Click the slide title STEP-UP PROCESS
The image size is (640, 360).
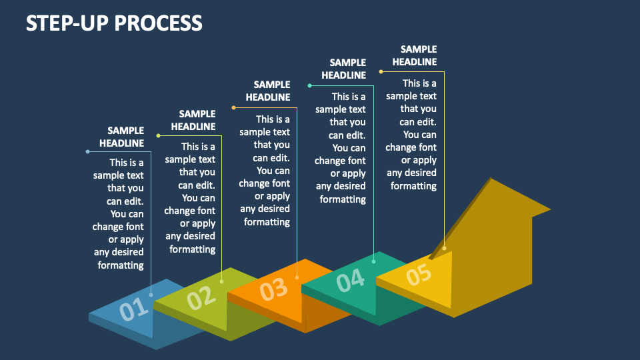[x=114, y=23]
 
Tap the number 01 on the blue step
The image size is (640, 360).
[x=134, y=309]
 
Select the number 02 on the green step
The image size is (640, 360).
[x=201, y=297]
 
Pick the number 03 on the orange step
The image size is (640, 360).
[x=274, y=289]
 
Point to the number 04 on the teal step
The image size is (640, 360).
[x=351, y=280]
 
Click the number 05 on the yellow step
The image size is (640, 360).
[x=419, y=274]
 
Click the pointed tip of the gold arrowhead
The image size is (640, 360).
[x=550, y=210]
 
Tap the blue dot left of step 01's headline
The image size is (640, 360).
[x=87, y=152]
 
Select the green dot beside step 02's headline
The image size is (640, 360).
[x=159, y=135]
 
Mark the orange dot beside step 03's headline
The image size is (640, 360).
[x=233, y=108]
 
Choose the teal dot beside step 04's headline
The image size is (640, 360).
[x=309, y=86]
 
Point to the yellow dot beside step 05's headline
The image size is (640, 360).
[x=381, y=72]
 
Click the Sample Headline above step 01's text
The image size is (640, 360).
[x=121, y=137]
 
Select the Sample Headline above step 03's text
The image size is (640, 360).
[x=268, y=91]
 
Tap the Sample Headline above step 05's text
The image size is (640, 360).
[x=415, y=55]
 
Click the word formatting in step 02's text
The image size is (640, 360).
[x=192, y=249]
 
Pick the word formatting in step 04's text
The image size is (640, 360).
[x=343, y=199]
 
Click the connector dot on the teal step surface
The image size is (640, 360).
[x=373, y=261]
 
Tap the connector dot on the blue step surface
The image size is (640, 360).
[x=151, y=295]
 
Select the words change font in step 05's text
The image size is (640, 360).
[x=411, y=147]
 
